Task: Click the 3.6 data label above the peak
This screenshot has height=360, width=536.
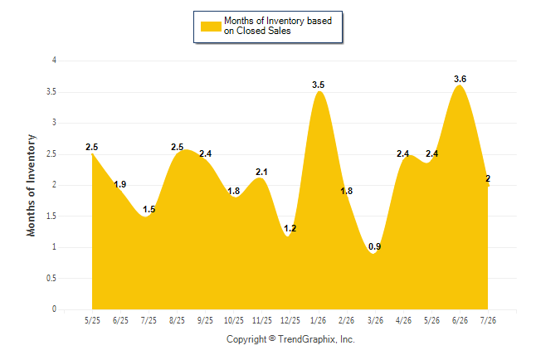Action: [x=460, y=79]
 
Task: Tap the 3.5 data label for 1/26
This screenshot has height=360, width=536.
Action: [x=318, y=85]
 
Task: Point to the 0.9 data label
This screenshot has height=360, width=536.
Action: [x=375, y=246]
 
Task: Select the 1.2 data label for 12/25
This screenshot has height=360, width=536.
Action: [x=290, y=228]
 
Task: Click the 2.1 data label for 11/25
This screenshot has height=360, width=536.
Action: [x=261, y=172]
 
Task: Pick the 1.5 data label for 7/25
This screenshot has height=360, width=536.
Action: [x=149, y=209]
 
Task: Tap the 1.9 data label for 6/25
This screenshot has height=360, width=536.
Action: [x=120, y=185]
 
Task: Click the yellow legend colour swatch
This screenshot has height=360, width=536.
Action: [x=211, y=27]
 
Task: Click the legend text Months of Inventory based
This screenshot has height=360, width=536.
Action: [x=278, y=21]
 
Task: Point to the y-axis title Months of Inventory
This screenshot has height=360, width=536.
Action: [x=31, y=185]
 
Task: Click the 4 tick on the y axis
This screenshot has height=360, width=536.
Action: [x=54, y=61]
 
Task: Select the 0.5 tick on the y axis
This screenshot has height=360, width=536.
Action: [x=51, y=278]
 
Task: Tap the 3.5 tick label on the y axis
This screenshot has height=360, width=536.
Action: [x=51, y=92]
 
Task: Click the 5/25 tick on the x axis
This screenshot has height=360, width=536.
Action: [x=92, y=320]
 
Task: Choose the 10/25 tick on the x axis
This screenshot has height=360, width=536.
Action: [x=234, y=320]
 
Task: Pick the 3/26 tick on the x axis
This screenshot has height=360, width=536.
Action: [x=375, y=320]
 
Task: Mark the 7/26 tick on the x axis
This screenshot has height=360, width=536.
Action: [x=488, y=320]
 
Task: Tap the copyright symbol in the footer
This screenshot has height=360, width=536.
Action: [x=272, y=338]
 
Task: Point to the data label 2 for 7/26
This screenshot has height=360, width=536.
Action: [x=488, y=178]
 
